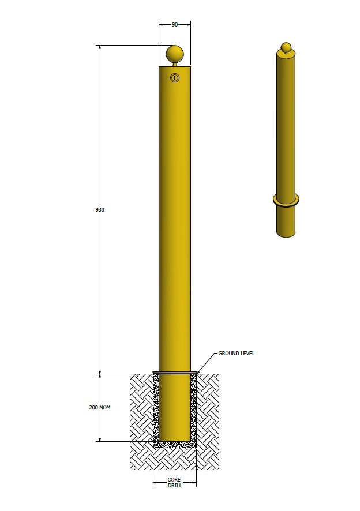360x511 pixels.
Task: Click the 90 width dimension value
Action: (x=174, y=25)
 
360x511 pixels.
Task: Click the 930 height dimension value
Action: (x=100, y=210)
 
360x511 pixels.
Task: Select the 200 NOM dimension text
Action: (x=100, y=408)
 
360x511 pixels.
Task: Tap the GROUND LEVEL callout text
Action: (x=236, y=354)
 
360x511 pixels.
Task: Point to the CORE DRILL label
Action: (x=174, y=483)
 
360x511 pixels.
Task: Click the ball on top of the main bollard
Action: (x=174, y=55)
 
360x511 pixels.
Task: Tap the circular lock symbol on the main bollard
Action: (x=175, y=77)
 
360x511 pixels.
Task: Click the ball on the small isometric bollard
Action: (x=284, y=47)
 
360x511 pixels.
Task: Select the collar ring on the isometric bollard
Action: (x=286, y=201)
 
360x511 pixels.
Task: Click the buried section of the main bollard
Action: (x=174, y=407)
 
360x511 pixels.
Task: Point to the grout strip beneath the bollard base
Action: (x=174, y=445)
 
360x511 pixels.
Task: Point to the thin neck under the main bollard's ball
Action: (x=174, y=64)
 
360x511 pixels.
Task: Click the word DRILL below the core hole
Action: (x=174, y=486)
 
